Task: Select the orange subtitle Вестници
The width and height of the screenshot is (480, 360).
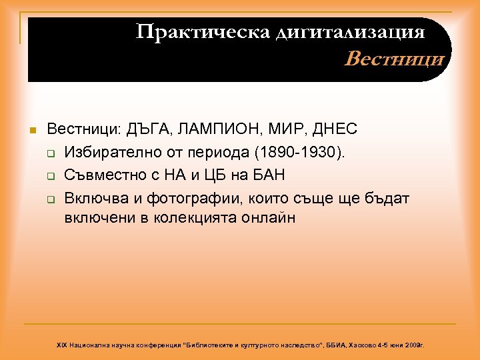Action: [x=394, y=60]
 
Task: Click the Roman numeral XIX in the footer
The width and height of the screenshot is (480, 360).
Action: [x=62, y=345]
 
